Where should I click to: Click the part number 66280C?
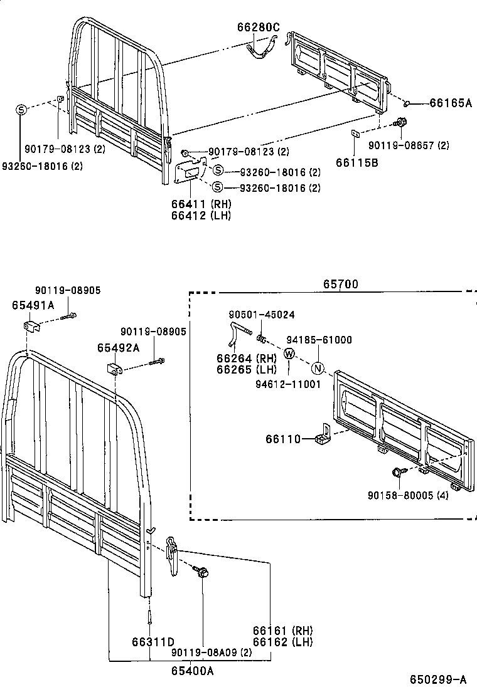pos(258,27)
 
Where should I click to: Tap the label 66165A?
pos(450,103)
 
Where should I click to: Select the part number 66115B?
pos(356,163)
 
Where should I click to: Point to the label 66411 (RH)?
pos(201,204)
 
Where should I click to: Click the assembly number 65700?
pos(340,284)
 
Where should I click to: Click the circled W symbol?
pos(289,354)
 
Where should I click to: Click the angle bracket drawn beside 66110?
pos(323,434)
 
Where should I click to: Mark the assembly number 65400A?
pos(193,671)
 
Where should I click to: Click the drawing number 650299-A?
pos(438,679)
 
